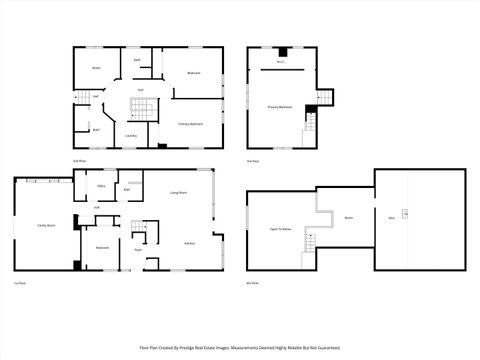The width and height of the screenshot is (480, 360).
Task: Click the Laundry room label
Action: click(x=131, y=135)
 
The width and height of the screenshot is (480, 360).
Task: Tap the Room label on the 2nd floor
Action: click(x=97, y=68)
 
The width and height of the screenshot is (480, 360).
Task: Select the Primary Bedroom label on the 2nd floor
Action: click(x=191, y=124)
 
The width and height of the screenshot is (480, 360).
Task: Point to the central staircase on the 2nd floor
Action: click(x=147, y=107)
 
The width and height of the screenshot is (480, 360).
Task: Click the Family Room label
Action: click(x=46, y=226)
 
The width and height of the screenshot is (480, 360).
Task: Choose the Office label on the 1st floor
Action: click(x=101, y=187)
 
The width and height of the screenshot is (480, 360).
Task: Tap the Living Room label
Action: click(x=178, y=192)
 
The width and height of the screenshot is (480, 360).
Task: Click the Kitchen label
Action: click(x=188, y=243)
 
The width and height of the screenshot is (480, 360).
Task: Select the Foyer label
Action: click(x=138, y=250)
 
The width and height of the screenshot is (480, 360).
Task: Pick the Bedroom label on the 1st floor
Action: click(x=102, y=247)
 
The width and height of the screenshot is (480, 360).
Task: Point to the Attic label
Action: click(x=391, y=219)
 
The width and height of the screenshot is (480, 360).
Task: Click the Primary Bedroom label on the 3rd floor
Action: click(x=279, y=106)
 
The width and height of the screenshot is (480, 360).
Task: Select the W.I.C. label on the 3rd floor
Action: click(x=281, y=63)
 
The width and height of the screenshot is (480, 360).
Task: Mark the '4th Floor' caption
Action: click(x=254, y=284)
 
